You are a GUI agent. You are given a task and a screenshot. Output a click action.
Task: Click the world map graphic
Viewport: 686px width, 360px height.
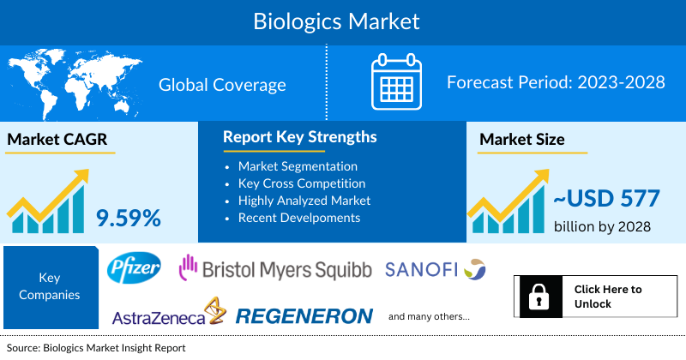coord(72,84)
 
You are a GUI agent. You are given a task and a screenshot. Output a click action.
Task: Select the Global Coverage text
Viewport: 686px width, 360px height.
coord(222,85)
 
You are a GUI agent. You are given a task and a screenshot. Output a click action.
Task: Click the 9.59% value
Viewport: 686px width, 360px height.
coord(129,218)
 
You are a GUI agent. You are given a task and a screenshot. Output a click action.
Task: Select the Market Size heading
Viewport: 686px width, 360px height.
coord(522,140)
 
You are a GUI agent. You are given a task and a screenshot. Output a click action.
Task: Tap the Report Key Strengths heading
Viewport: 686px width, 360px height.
coord(299,137)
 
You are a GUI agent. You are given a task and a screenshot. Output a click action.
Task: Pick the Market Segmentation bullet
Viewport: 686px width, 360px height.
coord(298,165)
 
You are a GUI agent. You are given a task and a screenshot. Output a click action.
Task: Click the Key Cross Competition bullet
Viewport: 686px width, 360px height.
coord(302,183)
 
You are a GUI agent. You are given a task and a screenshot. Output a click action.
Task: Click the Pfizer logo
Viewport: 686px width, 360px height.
coord(135,269)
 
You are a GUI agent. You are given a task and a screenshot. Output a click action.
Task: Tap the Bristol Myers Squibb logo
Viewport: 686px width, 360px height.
coord(274,269)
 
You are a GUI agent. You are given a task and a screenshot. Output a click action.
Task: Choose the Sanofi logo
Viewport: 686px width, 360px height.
coord(436,269)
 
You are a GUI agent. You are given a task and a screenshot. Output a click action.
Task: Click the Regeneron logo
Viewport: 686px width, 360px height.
coord(304,315)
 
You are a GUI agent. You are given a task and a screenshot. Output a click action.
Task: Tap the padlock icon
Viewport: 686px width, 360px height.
coord(540,297)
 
